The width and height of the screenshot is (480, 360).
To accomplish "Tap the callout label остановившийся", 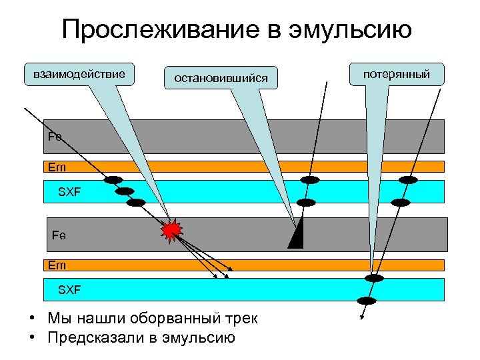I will [x=221, y=79].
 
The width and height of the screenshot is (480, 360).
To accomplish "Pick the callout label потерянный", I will [x=396, y=73].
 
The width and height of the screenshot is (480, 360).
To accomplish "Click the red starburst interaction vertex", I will [x=172, y=230].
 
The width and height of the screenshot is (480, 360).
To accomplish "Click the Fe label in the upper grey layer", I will [x=55, y=137].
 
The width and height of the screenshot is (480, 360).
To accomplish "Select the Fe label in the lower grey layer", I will [x=59, y=235].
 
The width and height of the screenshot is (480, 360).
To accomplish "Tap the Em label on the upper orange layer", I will [x=57, y=167].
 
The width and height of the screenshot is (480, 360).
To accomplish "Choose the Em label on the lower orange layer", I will [x=57, y=265].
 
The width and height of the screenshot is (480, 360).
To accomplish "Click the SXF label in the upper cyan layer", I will [x=69, y=191].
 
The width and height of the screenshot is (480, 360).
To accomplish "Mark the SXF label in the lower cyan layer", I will [x=69, y=290].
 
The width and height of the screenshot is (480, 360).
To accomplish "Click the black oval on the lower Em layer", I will [x=375, y=278].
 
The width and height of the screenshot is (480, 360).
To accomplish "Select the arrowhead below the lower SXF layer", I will [x=362, y=318].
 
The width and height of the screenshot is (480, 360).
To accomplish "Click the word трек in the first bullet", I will [x=241, y=319].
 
